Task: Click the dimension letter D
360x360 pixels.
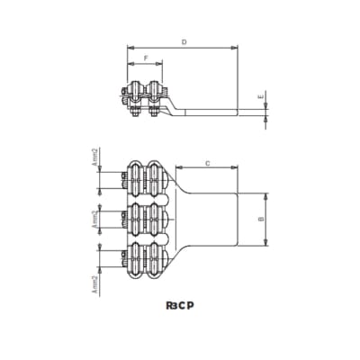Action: click(x=184, y=41)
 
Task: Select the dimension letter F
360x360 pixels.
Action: click(x=145, y=59)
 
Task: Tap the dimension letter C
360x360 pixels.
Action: click(x=208, y=163)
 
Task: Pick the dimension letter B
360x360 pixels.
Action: click(x=260, y=219)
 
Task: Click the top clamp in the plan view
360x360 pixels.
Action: click(x=144, y=179)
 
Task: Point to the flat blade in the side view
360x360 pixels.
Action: click(x=211, y=112)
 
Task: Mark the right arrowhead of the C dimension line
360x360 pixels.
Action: click(x=237, y=168)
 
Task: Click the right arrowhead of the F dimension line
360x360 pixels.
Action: click(x=161, y=66)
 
